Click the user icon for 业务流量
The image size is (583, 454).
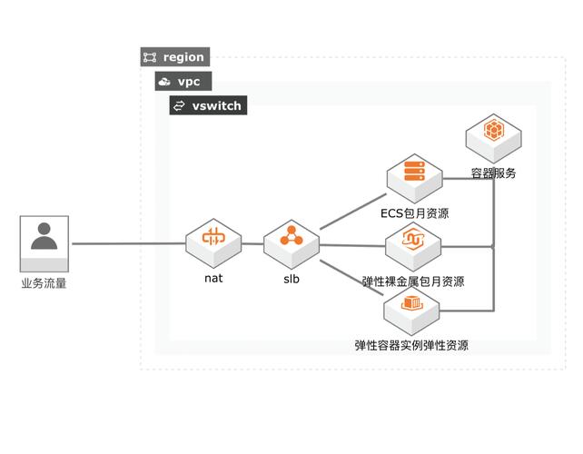coord(44,238)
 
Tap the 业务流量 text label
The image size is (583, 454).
coord(44,283)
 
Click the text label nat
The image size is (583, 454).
coord(213,278)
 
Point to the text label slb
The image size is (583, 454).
coord(291,279)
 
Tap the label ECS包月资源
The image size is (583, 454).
coord(415,213)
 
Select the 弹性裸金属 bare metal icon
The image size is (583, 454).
coord(413,243)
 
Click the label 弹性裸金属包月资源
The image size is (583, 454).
coord(413,281)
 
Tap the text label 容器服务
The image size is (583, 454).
coord(493,173)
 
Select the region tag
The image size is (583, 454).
coord(175,57)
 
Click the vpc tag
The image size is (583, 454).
coord(183,82)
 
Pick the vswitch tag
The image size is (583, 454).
coord(208,105)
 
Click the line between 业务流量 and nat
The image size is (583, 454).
coord(127,243)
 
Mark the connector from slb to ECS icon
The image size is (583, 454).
coord(352,211)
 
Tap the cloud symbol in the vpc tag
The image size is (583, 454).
coord(164,82)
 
